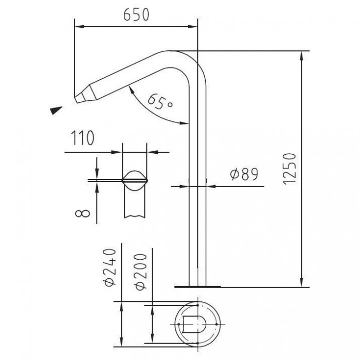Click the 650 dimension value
136,15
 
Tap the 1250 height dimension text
289,169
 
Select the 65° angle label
160,102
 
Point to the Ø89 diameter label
244,174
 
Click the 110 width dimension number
82,138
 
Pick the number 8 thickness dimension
83,213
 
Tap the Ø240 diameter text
110,267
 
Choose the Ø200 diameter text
140,272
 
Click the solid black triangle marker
56,110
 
